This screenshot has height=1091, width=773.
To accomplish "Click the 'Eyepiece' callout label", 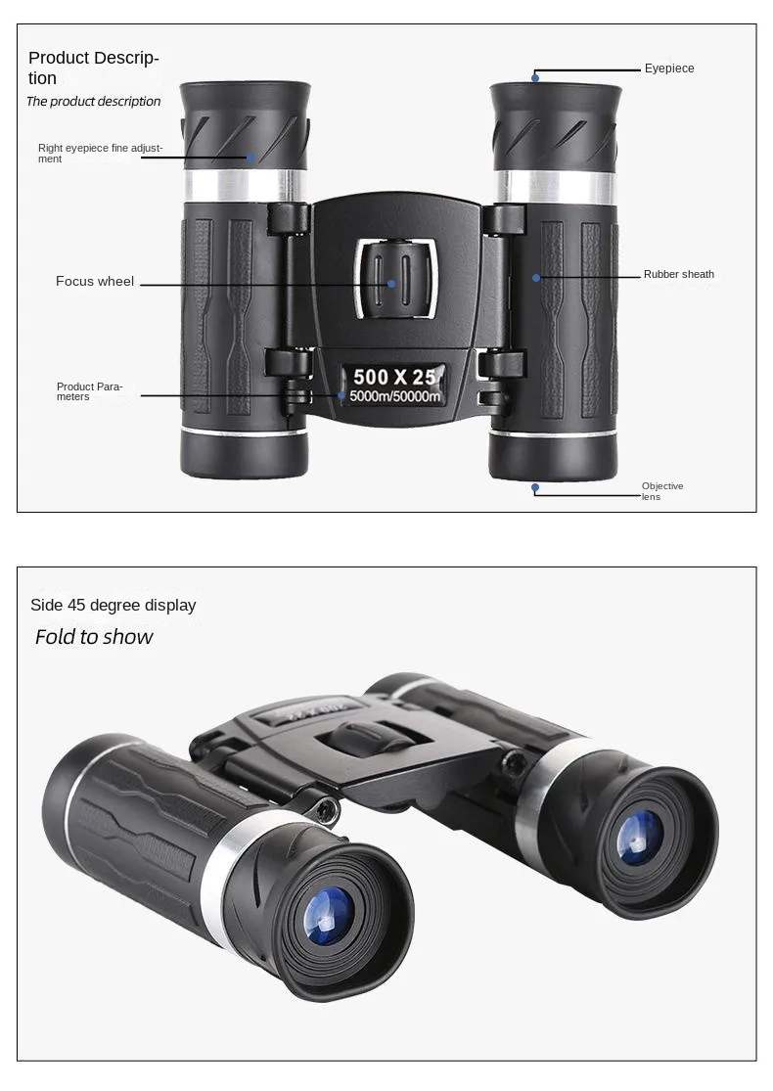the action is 669,68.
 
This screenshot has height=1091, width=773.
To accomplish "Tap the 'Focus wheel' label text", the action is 95,282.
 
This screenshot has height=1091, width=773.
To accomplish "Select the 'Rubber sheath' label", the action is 679,275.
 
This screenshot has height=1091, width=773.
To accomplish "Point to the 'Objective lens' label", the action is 662,491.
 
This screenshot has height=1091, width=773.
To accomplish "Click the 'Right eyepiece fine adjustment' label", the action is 100,154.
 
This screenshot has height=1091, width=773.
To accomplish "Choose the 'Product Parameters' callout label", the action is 89,391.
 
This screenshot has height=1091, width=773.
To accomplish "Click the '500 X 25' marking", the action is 395,377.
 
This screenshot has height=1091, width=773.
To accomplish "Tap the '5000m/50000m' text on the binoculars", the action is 395,396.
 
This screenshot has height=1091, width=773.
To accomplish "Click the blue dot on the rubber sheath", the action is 536,278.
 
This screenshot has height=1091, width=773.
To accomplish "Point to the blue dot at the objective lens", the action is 535,486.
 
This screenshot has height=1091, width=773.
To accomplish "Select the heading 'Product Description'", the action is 93,68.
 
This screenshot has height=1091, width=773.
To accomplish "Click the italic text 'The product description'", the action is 94,102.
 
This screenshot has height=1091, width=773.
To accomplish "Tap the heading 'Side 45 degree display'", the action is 114,606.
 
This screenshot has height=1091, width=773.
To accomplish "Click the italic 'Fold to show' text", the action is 94,637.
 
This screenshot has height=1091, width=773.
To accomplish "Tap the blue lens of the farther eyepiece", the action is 639,838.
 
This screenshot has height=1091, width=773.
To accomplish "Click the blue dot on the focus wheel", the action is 391,284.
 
